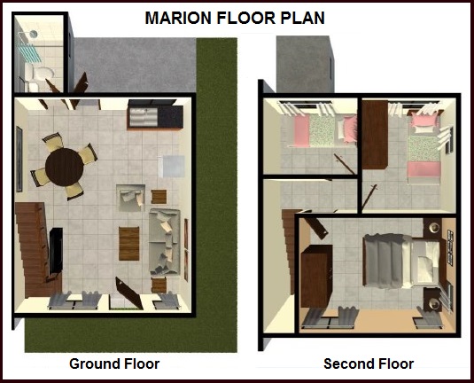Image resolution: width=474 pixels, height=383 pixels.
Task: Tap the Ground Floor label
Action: pos(114,363)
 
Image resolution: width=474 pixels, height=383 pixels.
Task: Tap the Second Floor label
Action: pos(369,363)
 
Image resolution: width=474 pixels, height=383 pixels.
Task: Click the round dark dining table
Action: pos(65,167)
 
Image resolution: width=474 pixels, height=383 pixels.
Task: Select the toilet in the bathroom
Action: pos(41,74)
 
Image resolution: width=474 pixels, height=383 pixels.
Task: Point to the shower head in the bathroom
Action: pos(34,34)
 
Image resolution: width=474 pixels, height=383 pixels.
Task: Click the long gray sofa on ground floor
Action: pos(165,241)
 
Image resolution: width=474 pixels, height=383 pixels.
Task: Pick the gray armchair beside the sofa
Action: pos(130,198)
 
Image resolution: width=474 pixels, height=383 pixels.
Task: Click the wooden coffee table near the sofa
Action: pos(129,244)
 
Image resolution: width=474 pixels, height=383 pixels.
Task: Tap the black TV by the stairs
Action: pos(56,251)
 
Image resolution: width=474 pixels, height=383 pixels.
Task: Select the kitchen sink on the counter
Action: pos(144,116)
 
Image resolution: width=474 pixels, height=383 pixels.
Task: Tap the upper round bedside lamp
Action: pos(434,228)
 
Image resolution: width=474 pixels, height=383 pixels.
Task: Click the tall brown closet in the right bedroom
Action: pos(375,135)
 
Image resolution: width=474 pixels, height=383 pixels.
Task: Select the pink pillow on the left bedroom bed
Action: pos(350,129)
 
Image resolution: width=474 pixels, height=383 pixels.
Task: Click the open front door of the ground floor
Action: pos(129,293)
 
